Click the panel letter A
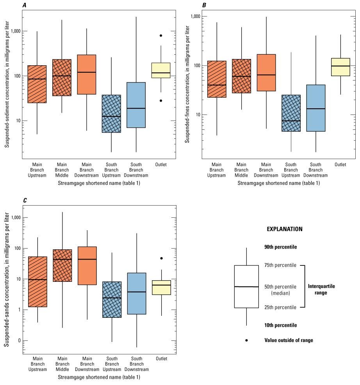24,5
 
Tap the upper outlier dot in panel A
160,36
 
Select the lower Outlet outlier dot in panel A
160,100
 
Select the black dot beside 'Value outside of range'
246,340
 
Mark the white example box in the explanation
246,287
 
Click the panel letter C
25,201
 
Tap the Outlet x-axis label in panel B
340,165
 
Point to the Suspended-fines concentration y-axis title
187,84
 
